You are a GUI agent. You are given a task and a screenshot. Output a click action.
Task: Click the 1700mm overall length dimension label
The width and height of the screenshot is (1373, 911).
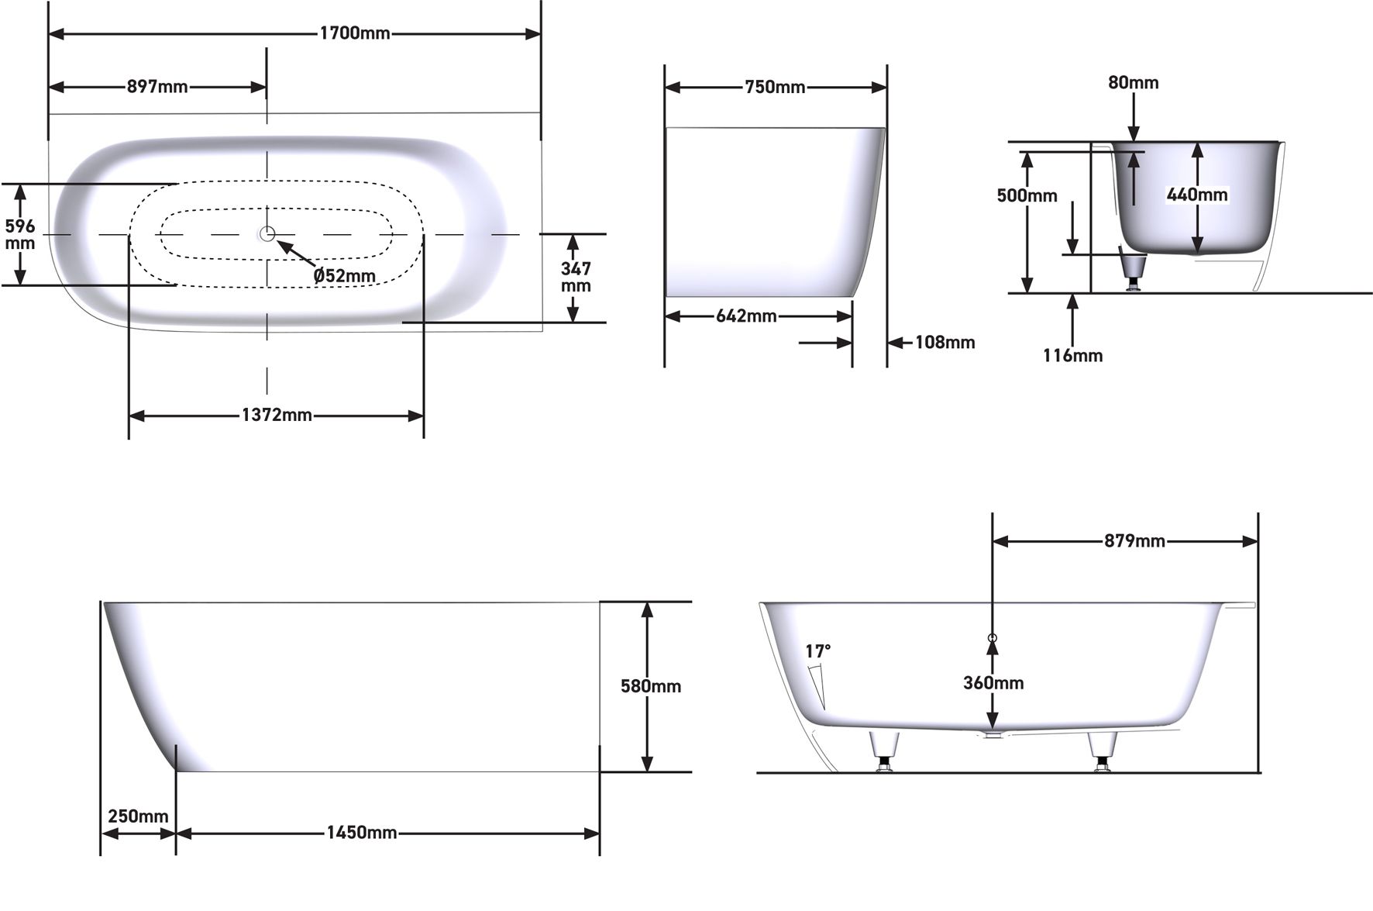tap(355, 33)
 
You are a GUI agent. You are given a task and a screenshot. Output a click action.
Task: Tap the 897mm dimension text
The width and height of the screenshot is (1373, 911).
tap(157, 87)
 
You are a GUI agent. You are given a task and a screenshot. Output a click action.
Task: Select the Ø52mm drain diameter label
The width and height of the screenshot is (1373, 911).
tap(345, 275)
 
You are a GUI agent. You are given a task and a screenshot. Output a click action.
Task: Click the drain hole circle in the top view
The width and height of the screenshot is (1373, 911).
tap(267, 233)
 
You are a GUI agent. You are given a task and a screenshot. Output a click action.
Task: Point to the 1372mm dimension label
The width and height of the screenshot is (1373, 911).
tap(277, 416)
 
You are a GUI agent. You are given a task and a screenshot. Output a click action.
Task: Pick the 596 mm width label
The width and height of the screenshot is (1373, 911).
tap(20, 234)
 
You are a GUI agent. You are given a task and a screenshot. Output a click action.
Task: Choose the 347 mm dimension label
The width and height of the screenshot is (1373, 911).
tap(576, 277)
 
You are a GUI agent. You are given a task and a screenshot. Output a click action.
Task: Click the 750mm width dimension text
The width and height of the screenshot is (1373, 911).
tap(775, 88)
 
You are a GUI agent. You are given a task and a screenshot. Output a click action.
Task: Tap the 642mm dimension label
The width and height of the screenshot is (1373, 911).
tap(746, 316)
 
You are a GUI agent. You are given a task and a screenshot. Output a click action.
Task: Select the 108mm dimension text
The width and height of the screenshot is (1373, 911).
tap(945, 342)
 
